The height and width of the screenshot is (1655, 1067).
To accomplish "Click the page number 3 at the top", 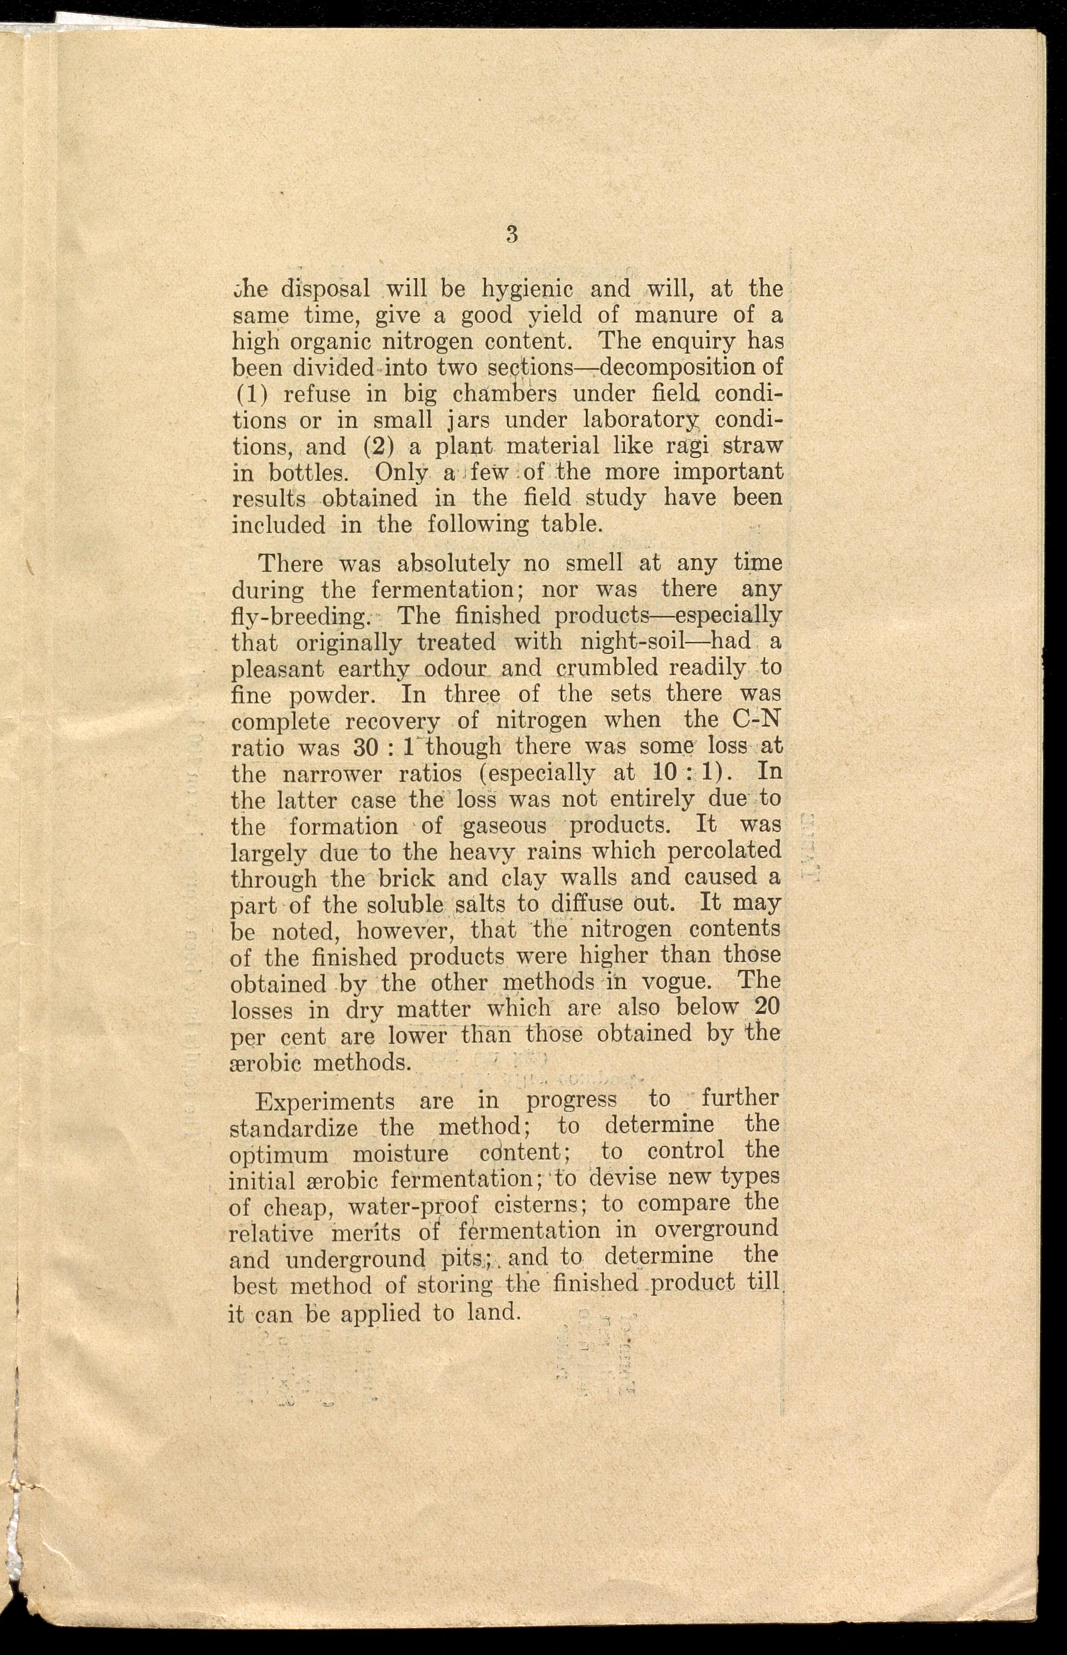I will point(512,234).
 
